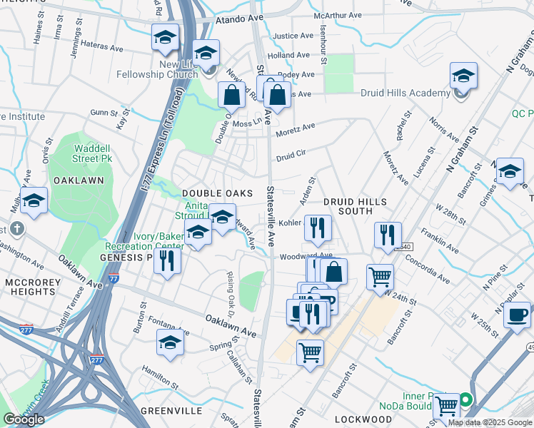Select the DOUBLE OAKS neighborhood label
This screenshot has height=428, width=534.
click(x=218, y=193)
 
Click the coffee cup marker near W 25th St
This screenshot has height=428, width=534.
click(x=517, y=315)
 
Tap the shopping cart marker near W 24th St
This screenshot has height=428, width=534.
click(x=381, y=277)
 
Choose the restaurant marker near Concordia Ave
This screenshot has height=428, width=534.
click(x=388, y=235)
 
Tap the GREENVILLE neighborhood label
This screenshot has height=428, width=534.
click(x=166, y=411)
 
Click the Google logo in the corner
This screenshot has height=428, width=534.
click(x=24, y=419)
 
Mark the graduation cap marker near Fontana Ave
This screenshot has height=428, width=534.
click(x=170, y=345)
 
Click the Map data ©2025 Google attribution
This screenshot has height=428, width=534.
click(x=490, y=422)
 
